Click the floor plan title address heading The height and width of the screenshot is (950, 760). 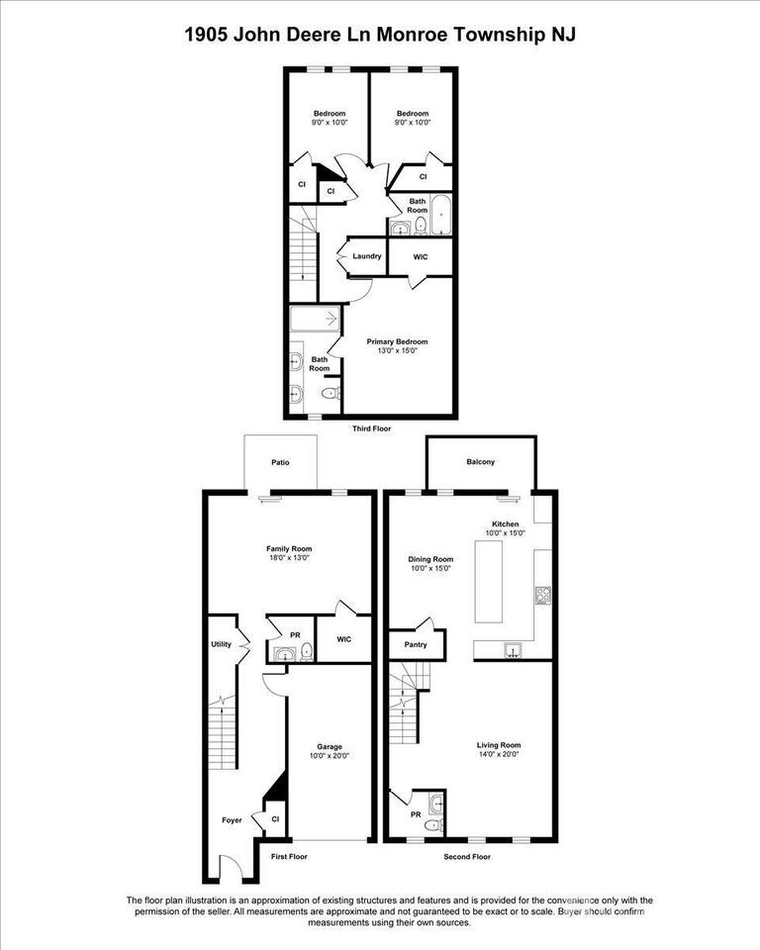(380, 35)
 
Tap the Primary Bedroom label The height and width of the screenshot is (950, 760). (405, 342)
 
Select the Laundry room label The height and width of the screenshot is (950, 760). (367, 256)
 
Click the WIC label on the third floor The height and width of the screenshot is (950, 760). (421, 256)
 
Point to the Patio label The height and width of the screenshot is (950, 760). (281, 462)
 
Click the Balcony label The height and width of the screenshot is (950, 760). (480, 462)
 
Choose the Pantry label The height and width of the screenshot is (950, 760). (416, 644)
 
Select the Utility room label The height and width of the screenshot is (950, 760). (221, 644)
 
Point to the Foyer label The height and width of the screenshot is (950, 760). (232, 820)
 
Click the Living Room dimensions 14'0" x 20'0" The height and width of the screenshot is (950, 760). (499, 755)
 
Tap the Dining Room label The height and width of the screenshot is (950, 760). (430, 558)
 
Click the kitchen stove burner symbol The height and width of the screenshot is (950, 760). (542, 595)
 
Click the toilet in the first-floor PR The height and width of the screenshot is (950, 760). (307, 650)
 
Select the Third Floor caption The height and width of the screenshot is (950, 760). (372, 429)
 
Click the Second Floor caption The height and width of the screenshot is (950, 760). (467, 857)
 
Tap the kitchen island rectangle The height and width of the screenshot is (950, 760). (488, 581)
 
